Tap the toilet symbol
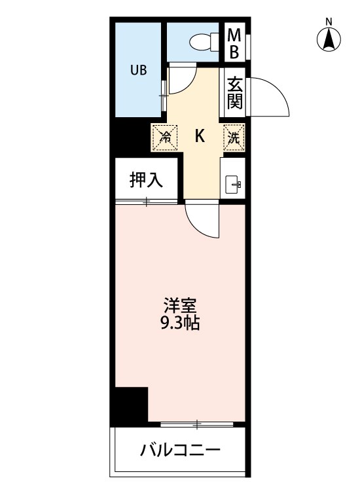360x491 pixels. pos(204,41)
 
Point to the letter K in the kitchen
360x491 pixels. pos(201,136)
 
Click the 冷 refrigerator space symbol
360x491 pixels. pos(166,137)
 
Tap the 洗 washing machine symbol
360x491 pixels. pos(234,137)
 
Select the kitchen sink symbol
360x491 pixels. pos(234,184)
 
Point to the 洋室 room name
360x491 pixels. pos(181,305)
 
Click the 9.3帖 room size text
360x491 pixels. pos(181,323)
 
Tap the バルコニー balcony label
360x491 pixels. pos(180,450)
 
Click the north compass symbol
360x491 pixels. pos(330,41)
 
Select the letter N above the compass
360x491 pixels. pos(330,22)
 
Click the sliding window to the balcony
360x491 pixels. pos(196,425)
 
